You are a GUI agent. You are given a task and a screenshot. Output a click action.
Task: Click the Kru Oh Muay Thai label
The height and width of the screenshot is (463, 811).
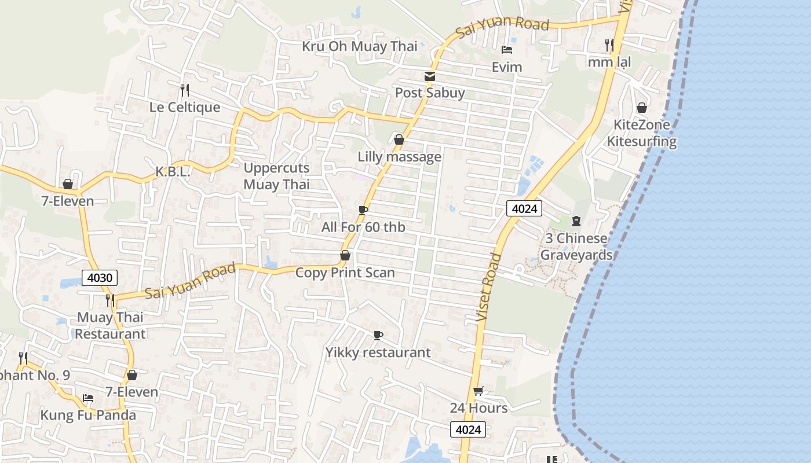(359, 46)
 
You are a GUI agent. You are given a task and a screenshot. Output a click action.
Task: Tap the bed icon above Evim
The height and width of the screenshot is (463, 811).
(507, 50)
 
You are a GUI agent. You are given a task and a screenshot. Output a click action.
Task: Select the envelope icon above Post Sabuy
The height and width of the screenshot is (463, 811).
(430, 76)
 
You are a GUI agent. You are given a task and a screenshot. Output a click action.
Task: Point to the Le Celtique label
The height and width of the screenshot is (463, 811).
(185, 107)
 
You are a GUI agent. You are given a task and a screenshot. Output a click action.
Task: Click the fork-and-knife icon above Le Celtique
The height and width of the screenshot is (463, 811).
(185, 90)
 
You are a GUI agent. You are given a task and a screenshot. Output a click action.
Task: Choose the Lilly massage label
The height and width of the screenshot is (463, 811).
(399, 157)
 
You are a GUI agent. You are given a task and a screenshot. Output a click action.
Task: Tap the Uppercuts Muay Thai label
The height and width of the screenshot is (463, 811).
(276, 177)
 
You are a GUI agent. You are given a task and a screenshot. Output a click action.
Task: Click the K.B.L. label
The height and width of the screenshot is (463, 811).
(173, 172)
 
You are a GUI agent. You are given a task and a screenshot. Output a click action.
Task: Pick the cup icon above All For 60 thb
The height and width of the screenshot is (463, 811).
(363, 210)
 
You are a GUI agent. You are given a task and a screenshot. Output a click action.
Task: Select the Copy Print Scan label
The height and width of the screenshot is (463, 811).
(345, 273)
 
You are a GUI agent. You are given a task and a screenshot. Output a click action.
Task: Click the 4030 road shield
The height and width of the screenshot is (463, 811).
(100, 278)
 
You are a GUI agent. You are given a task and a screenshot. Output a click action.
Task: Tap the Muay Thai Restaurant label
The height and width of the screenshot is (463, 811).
(110, 326)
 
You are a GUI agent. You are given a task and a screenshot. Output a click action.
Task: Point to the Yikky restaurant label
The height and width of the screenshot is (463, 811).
(378, 352)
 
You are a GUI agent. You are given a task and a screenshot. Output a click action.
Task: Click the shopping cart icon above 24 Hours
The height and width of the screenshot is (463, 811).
(478, 391)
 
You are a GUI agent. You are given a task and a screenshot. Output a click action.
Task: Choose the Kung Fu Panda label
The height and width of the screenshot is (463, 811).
(88, 415)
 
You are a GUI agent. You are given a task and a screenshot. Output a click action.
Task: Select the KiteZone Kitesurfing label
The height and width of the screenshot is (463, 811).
(641, 133)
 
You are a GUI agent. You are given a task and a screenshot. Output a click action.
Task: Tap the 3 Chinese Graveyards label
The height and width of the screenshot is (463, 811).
(576, 247)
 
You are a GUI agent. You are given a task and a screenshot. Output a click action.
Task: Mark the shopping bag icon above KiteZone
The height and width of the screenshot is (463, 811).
(641, 108)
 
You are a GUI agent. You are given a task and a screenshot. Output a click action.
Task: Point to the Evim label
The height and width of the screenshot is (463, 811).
(507, 67)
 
